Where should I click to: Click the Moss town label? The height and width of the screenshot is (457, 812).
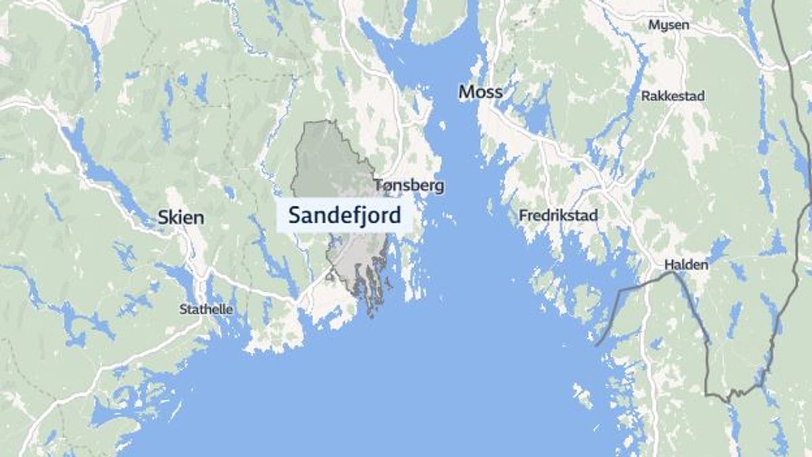click(480, 91)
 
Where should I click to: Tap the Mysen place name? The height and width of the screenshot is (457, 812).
click(669, 25)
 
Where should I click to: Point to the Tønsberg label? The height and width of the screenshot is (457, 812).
click(409, 186)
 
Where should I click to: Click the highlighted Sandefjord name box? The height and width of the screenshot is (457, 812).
click(344, 216)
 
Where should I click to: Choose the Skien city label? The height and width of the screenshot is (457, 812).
click(180, 218)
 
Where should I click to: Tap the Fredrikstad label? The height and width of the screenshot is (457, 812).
click(558, 216)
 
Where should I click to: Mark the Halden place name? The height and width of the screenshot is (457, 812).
click(686, 265)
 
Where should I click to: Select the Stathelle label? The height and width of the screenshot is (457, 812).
click(206, 309)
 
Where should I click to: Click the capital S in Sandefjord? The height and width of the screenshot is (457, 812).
click(294, 216)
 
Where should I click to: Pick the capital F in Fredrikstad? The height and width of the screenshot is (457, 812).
click(523, 216)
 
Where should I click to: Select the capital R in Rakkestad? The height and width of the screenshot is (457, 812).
click(645, 96)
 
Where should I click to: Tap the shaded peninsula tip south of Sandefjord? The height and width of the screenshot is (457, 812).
click(369, 308)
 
